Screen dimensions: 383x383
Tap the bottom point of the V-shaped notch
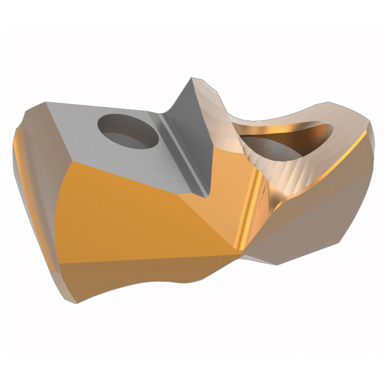(205, 194)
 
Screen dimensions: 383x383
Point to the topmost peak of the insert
(193, 79)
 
